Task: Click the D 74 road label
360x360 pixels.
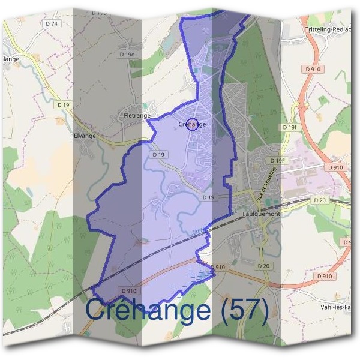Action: pyautogui.click(x=52, y=23)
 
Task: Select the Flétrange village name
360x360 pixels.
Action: pyautogui.click(x=136, y=115)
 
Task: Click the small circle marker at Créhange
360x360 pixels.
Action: pyautogui.click(x=192, y=124)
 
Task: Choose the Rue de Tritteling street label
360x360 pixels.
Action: pyautogui.click(x=267, y=184)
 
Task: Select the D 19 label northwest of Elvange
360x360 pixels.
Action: pyautogui.click(x=64, y=104)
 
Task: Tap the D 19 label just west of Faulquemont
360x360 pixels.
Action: pyautogui.click(x=208, y=197)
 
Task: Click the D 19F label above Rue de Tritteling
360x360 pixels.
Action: pyautogui.click(x=277, y=161)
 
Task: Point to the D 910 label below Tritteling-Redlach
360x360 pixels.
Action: pyautogui.click(x=313, y=70)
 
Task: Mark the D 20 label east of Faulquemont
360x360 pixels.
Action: pyautogui.click(x=319, y=200)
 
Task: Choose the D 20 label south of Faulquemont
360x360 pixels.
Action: pyautogui.click(x=263, y=265)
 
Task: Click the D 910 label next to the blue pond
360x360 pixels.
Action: pyautogui.click(x=218, y=267)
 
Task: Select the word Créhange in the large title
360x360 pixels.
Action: pyautogui.click(x=148, y=310)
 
